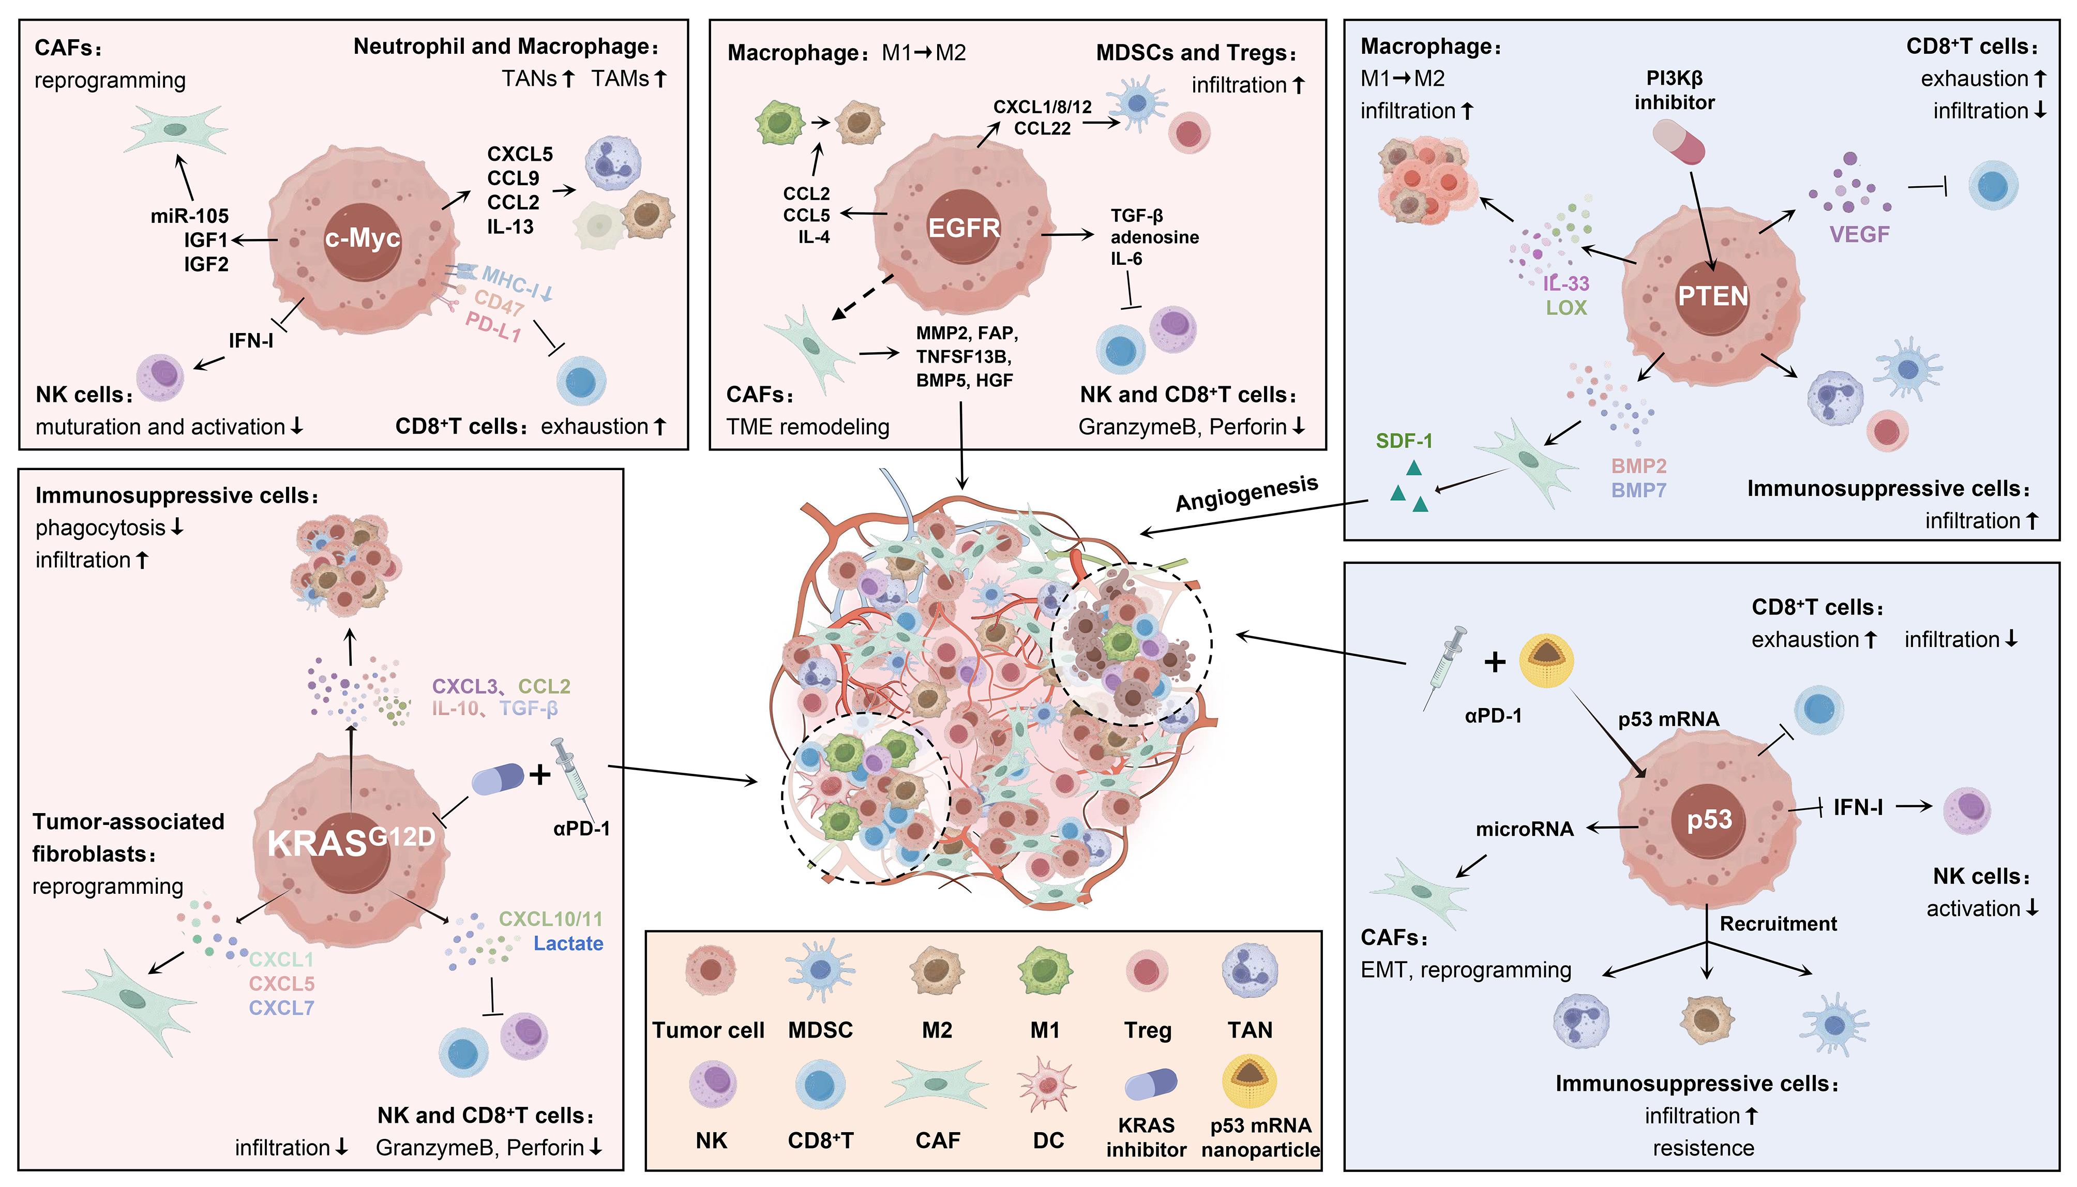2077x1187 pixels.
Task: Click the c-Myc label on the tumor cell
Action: pyautogui.click(x=362, y=238)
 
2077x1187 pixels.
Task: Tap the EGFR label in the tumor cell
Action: pyautogui.click(x=964, y=228)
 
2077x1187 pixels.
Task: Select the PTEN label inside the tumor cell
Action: pyautogui.click(x=1712, y=295)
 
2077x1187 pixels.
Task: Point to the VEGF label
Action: pyautogui.click(x=1859, y=235)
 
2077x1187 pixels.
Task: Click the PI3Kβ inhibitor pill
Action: pyautogui.click(x=1678, y=143)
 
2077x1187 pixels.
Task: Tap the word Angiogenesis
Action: pyautogui.click(x=1246, y=493)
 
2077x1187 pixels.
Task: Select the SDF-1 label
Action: pyautogui.click(x=1404, y=441)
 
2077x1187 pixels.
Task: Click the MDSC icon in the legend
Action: pyautogui.click(x=820, y=970)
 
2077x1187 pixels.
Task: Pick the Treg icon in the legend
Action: pyautogui.click(x=1146, y=971)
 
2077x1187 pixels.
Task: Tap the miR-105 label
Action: pyautogui.click(x=189, y=216)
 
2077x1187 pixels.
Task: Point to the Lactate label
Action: pyautogui.click(x=568, y=944)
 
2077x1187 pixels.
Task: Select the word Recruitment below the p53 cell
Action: pyautogui.click(x=1778, y=924)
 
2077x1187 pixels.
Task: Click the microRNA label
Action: pyautogui.click(x=1524, y=829)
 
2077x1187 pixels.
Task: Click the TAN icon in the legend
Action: pyautogui.click(x=1250, y=970)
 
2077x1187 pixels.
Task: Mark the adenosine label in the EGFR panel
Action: pyautogui.click(x=1154, y=237)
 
